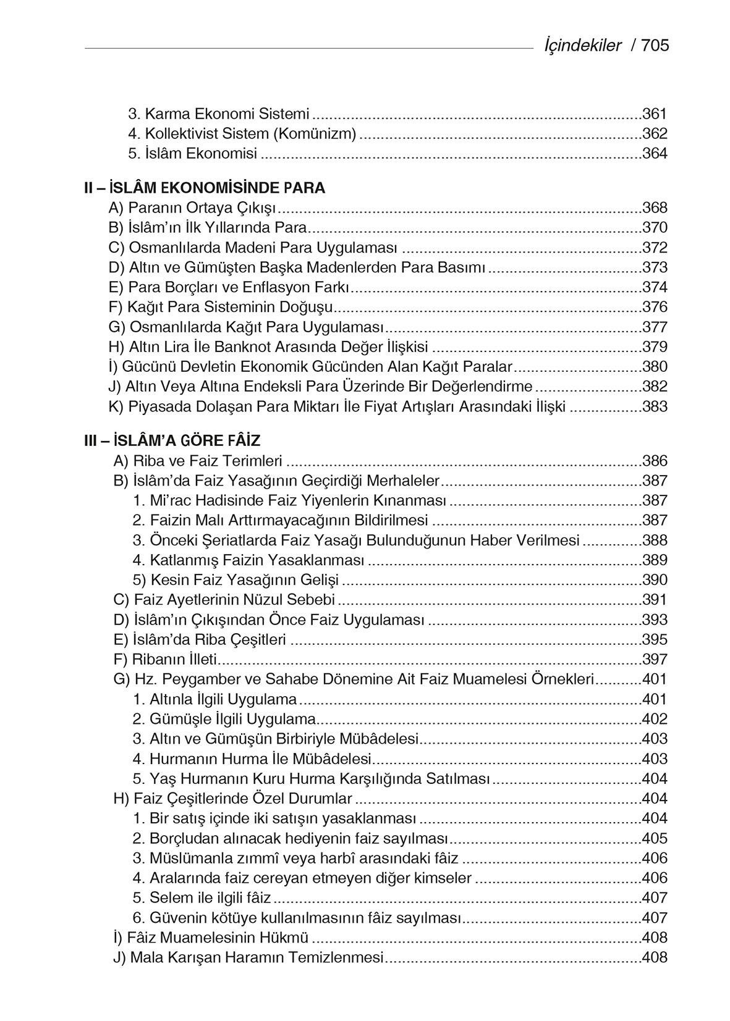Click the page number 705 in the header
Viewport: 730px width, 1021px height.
[x=655, y=45]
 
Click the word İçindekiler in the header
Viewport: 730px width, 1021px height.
[x=582, y=45]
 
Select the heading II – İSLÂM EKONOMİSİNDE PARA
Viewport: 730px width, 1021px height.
[x=205, y=188]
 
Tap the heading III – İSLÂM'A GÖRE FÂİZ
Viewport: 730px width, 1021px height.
[x=172, y=441]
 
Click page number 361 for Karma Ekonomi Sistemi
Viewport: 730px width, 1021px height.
[x=655, y=114]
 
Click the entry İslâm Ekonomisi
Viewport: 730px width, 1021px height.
[x=193, y=153]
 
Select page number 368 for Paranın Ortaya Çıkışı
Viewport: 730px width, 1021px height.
[x=655, y=208]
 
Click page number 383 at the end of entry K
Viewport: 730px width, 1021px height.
[x=655, y=406]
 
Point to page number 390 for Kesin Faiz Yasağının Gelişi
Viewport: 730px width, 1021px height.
[x=655, y=580]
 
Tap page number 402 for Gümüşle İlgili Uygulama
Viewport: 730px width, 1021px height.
[x=655, y=719]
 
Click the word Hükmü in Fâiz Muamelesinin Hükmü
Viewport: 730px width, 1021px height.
[x=287, y=938]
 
